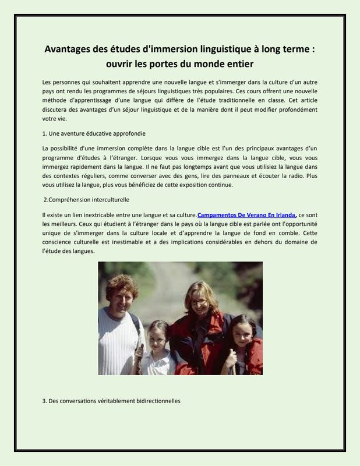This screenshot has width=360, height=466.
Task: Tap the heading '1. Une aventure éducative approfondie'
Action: tap(94, 133)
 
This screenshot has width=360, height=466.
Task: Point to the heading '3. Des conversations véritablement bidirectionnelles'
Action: tap(112, 401)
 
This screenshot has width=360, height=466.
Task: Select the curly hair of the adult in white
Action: tap(121, 284)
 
